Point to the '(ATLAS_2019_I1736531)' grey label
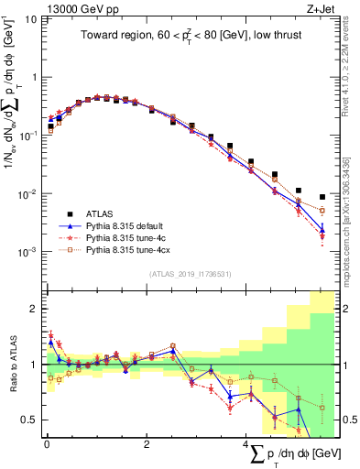(191, 274)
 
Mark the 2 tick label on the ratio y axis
(36, 309)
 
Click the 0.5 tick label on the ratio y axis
(32, 420)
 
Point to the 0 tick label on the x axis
(47, 443)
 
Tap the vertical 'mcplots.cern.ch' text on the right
(352, 229)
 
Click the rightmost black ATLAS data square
(322, 197)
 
